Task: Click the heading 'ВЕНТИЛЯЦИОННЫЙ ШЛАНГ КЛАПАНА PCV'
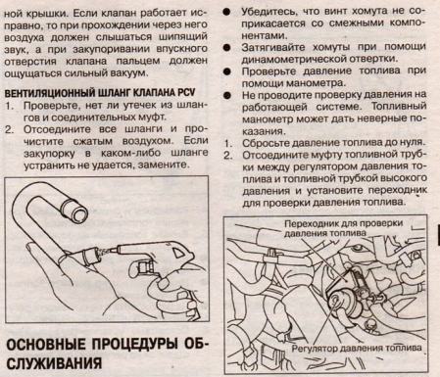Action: pos(100,93)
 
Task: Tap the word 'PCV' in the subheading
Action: pos(186,93)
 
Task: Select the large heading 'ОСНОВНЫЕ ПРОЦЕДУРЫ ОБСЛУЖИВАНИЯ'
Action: pos(106,353)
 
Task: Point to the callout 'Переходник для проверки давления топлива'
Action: pos(343,228)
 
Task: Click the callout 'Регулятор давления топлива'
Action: pos(357,349)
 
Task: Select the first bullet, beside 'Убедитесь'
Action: pos(226,12)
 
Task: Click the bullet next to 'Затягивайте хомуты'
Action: pos(226,47)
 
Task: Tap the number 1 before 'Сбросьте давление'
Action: pos(228,143)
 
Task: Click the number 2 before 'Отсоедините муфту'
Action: pos(228,155)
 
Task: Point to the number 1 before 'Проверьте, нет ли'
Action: pos(9,106)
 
